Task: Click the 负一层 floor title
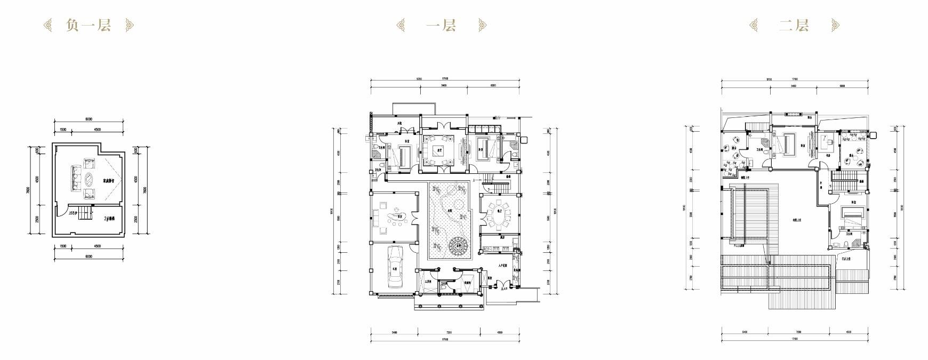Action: tap(89, 25)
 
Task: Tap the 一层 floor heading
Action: tap(441, 25)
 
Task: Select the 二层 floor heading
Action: tap(794, 25)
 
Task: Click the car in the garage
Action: tap(395, 267)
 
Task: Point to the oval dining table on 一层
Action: tap(497, 215)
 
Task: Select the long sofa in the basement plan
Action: tap(74, 179)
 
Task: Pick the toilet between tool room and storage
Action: tap(445, 286)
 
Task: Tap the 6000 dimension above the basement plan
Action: tap(89, 119)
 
